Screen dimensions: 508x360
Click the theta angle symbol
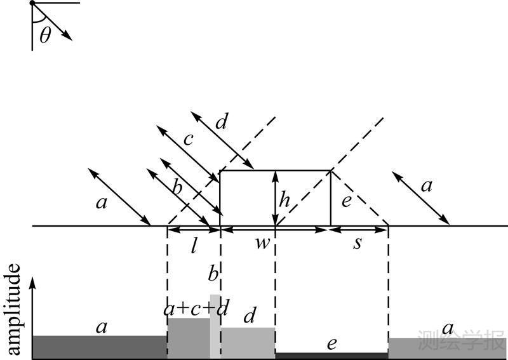[44, 34]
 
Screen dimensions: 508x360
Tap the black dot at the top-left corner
[32, 4]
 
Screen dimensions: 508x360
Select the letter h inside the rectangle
[285, 201]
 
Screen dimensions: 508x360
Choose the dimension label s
[358, 244]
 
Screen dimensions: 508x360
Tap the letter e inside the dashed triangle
[346, 203]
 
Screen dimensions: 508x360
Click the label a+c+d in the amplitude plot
[196, 309]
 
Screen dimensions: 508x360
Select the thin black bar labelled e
[331, 356]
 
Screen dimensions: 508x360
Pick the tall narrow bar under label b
[215, 326]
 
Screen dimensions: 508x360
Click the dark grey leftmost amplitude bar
[99, 347]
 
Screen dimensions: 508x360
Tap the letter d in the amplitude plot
[250, 315]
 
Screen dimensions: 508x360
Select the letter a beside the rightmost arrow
[427, 186]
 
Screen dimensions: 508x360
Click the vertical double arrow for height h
[275, 198]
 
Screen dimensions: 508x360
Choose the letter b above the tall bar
[213, 274]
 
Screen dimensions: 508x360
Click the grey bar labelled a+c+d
[189, 338]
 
